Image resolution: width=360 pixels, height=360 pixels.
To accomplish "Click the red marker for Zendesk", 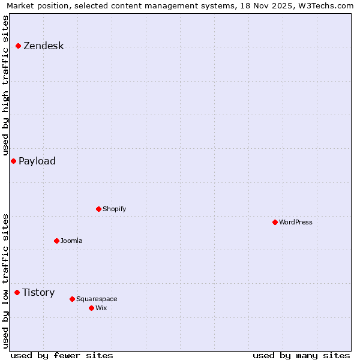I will (x=19, y=46).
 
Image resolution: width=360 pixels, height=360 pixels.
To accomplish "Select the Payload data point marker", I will (x=13, y=161).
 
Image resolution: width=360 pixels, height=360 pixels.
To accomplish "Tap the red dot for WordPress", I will (x=275, y=222).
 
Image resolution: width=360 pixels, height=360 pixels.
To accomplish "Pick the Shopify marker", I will (x=98, y=209).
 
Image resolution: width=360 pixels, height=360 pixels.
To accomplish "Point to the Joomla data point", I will (x=56, y=241).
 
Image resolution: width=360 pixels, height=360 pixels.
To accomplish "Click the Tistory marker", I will (x=17, y=292).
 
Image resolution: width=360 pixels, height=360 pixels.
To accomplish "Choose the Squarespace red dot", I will (x=72, y=299).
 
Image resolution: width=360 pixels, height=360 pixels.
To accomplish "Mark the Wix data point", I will (x=91, y=308).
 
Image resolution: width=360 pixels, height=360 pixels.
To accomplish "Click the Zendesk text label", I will (x=43, y=46).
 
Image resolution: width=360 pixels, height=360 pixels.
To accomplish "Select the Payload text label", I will (x=37, y=161).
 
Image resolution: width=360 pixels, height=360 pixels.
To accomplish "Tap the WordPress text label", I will (x=296, y=222).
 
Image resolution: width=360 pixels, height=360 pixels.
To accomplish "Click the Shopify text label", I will (x=114, y=209).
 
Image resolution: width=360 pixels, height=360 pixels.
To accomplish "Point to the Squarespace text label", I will (x=97, y=299).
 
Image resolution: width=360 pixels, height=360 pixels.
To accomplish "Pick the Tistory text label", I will (x=38, y=292).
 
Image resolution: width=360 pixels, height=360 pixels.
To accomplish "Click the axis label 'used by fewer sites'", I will (x=62, y=355).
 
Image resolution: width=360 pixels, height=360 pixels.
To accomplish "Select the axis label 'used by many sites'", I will (x=301, y=355).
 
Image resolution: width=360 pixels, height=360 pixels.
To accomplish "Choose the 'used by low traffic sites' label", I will (x=5, y=281).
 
